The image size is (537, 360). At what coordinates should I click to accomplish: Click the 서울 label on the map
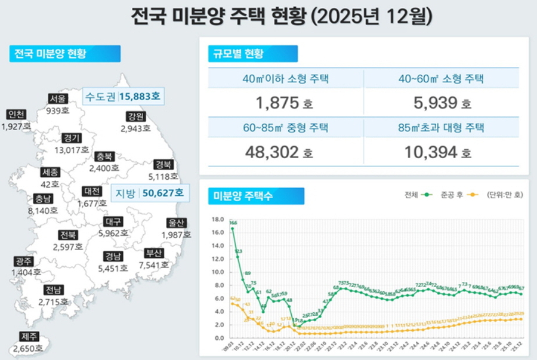(x=58, y=99)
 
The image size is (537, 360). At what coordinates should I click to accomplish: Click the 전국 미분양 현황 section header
(x=64, y=54)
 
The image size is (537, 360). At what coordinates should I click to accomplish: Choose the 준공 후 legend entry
(x=458, y=195)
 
